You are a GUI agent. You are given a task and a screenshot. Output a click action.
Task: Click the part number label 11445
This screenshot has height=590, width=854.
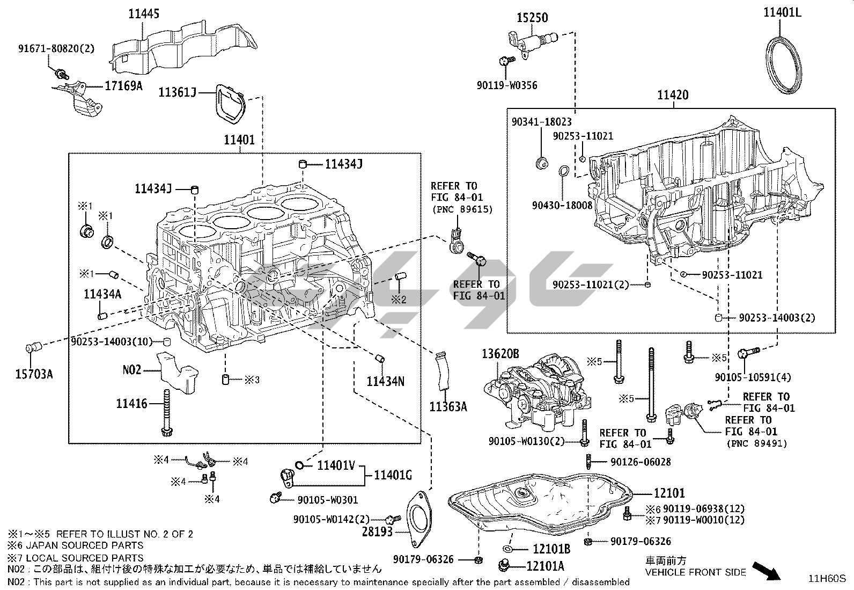[x=143, y=14]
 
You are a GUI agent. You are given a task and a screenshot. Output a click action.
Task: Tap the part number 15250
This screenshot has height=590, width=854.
[x=532, y=18]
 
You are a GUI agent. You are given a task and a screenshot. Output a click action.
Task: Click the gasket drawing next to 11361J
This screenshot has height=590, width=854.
[x=230, y=105]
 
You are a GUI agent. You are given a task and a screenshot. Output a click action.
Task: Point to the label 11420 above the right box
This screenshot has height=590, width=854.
[x=673, y=96]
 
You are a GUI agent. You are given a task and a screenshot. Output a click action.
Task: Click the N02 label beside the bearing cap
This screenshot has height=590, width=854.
[x=132, y=369]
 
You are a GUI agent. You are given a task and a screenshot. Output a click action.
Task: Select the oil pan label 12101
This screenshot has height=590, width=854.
[x=669, y=492]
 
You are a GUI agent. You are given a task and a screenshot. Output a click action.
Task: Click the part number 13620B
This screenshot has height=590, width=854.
[x=500, y=354]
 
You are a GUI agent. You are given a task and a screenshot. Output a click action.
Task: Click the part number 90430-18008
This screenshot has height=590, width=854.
[x=562, y=205]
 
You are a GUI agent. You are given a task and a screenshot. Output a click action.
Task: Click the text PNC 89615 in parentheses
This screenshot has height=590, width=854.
[x=462, y=209]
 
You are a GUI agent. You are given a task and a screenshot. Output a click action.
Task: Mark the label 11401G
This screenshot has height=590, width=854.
[x=393, y=475]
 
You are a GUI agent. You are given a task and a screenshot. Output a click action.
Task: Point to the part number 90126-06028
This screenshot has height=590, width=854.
[x=640, y=462]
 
